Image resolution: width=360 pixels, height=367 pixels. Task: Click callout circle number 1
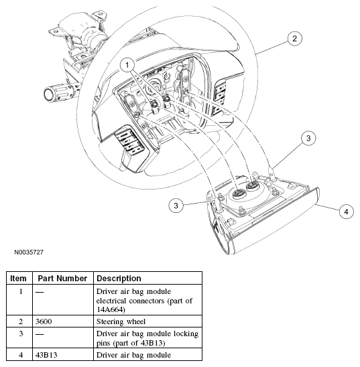click(127, 65)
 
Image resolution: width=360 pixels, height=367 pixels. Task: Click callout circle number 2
click(294, 38)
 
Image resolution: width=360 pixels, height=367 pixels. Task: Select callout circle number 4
click(346, 212)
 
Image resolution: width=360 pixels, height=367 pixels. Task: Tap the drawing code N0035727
click(29, 252)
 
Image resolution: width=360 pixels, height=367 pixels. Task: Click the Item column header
click(18, 279)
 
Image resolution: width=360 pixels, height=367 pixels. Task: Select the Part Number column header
click(62, 279)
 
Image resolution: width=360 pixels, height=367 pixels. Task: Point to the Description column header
click(119, 279)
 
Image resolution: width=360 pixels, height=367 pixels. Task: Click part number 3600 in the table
click(44, 321)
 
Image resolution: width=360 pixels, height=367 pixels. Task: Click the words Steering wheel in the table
click(121, 321)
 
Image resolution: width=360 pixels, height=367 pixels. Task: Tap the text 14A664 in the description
click(110, 309)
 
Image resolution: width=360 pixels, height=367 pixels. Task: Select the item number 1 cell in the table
click(21, 291)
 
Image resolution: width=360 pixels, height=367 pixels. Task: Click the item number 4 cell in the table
click(21, 355)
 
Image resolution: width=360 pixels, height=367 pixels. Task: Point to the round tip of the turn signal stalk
click(49, 94)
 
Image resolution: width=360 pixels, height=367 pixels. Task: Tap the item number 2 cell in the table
click(21, 321)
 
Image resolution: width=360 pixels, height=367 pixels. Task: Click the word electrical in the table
click(111, 301)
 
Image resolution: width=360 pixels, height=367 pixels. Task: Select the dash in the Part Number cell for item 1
click(40, 292)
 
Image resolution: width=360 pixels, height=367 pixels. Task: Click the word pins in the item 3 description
click(103, 344)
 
